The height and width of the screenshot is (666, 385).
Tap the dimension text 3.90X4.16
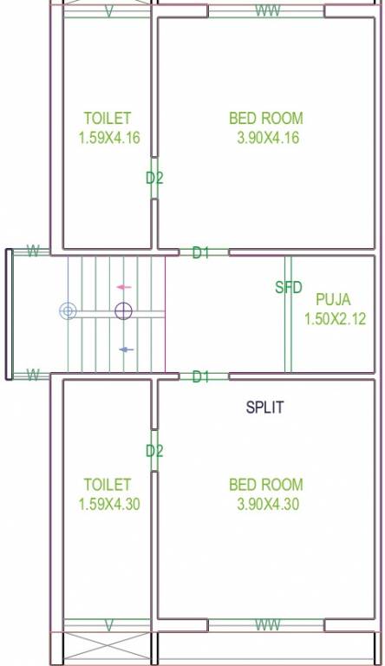(267, 137)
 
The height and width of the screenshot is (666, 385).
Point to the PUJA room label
(334, 299)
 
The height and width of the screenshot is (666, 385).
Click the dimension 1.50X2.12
(334, 319)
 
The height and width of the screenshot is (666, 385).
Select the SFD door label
(288, 288)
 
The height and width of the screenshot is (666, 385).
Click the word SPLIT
(264, 407)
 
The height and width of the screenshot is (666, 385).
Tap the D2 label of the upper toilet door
(154, 179)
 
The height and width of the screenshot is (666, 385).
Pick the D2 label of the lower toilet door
(154, 451)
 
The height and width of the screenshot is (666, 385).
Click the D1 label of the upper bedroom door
(201, 253)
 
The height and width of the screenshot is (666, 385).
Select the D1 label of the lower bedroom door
(201, 376)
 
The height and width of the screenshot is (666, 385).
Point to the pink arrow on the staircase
(124, 287)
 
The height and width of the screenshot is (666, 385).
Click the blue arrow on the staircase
(126, 349)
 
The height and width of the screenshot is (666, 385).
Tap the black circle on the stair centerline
(123, 310)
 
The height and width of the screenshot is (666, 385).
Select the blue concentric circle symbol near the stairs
(68, 310)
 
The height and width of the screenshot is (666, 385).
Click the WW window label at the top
(266, 11)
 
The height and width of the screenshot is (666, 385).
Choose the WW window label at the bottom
(266, 625)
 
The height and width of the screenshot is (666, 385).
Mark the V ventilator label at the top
(108, 11)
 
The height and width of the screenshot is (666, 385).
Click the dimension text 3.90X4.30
(267, 505)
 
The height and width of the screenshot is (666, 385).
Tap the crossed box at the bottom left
(108, 649)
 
